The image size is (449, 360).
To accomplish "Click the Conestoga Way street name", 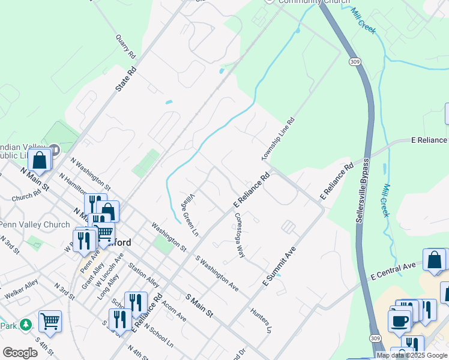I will coord(240,235).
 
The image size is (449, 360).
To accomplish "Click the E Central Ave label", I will coord(393,271).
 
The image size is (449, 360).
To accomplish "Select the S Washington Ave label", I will coord(217,274).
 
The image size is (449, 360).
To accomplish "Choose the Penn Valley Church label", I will coord(35,225).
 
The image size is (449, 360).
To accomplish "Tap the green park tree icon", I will coord(25,325).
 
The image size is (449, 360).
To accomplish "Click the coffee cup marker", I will coord(399,320).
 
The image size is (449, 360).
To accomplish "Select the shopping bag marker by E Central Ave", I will coord(435,260).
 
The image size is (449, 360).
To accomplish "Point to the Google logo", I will coord(19,353).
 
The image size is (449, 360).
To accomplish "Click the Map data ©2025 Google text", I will coord(412,355).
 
